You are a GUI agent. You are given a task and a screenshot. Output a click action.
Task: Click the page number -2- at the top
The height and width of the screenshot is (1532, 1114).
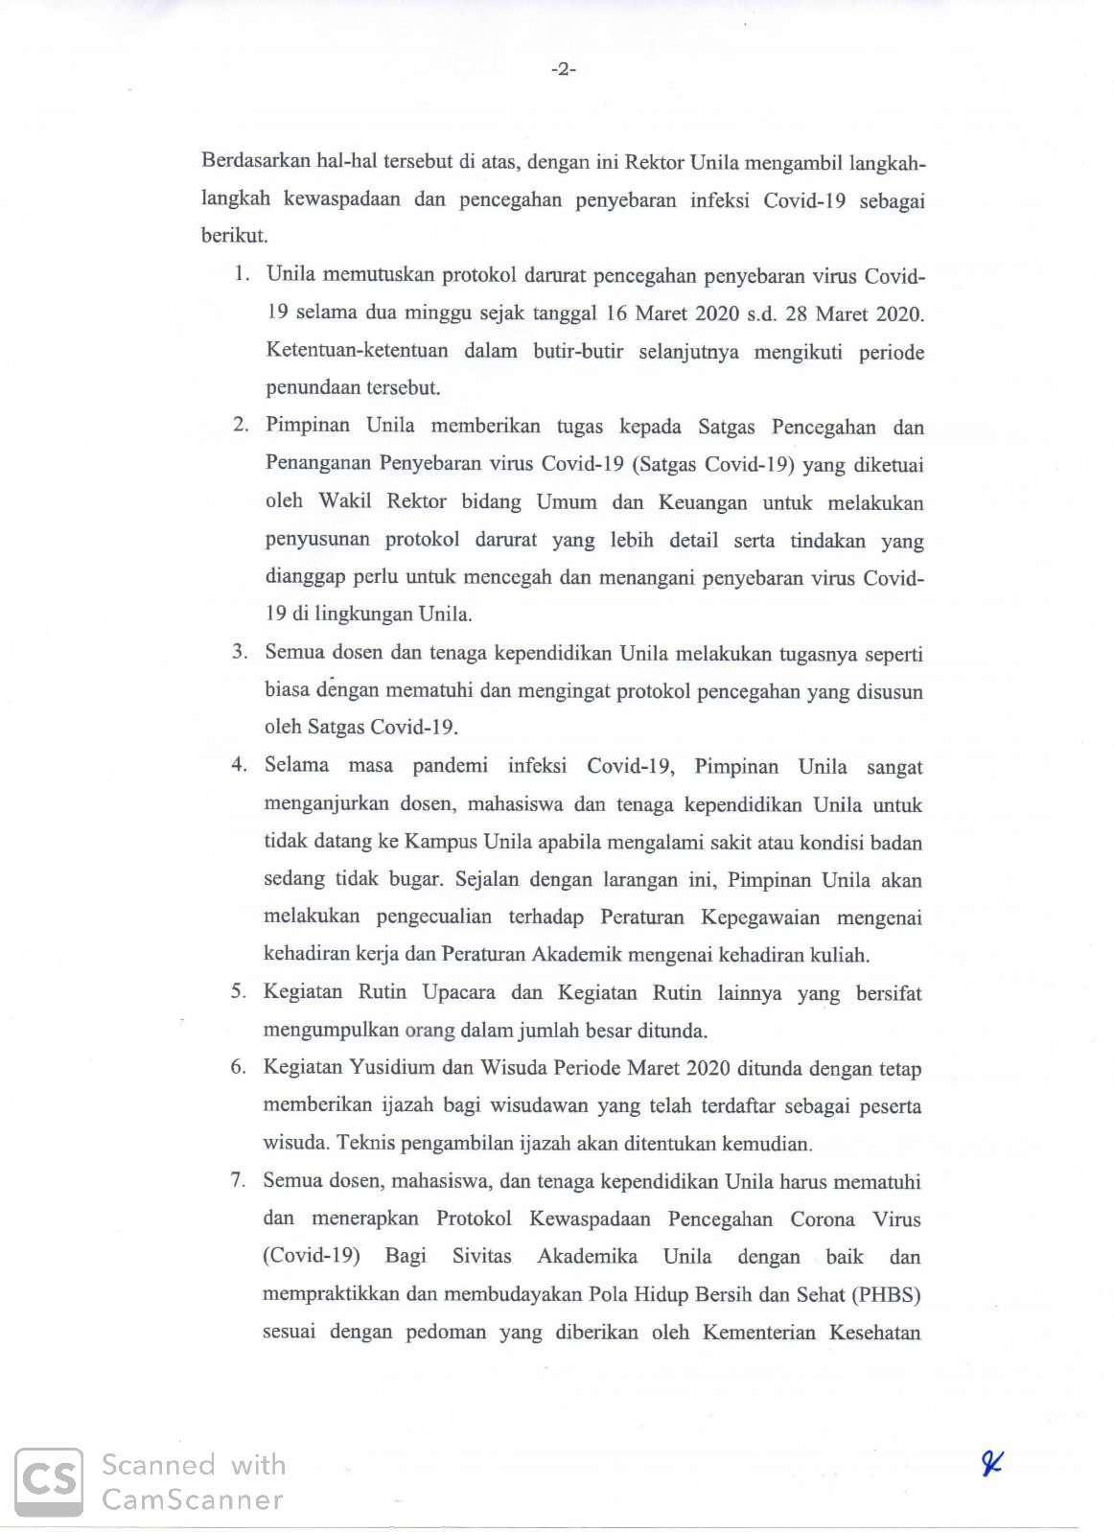[563, 69]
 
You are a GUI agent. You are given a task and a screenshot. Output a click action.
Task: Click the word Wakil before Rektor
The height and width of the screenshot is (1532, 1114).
[345, 502]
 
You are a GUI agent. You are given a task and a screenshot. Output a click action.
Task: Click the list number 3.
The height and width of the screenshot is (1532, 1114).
[240, 652]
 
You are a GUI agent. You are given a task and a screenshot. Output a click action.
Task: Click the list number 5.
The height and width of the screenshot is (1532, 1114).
[238, 992]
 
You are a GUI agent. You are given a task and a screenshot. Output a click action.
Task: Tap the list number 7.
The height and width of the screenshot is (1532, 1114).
[238, 1181]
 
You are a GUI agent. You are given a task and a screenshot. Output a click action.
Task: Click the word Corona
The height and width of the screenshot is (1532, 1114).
[822, 1219]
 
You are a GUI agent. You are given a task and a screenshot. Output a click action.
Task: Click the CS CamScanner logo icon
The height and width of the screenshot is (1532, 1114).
[48, 1481]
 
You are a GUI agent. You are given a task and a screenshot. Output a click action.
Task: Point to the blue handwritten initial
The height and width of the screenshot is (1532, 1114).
[991, 1463]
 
